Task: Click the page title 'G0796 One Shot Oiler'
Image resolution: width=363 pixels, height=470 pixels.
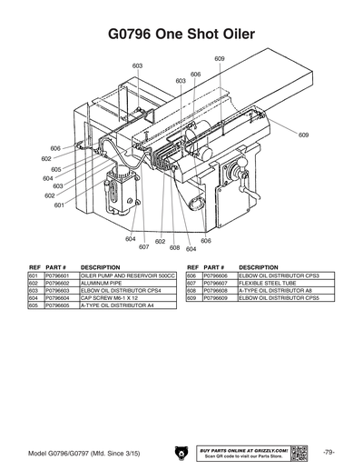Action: (181, 35)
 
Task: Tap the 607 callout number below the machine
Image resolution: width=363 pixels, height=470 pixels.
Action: (143, 246)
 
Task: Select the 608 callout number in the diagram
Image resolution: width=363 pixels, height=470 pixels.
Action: (175, 246)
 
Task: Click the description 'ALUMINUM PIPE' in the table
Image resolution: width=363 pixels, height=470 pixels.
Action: (102, 282)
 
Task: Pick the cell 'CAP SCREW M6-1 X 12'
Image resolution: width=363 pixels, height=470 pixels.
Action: (109, 297)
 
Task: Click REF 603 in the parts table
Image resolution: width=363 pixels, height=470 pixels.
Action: (34, 290)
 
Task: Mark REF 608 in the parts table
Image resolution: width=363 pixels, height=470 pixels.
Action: (191, 290)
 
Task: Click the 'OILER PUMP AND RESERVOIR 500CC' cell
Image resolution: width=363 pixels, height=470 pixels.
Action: (127, 275)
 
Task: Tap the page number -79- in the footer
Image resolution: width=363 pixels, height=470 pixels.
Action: (329, 451)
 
